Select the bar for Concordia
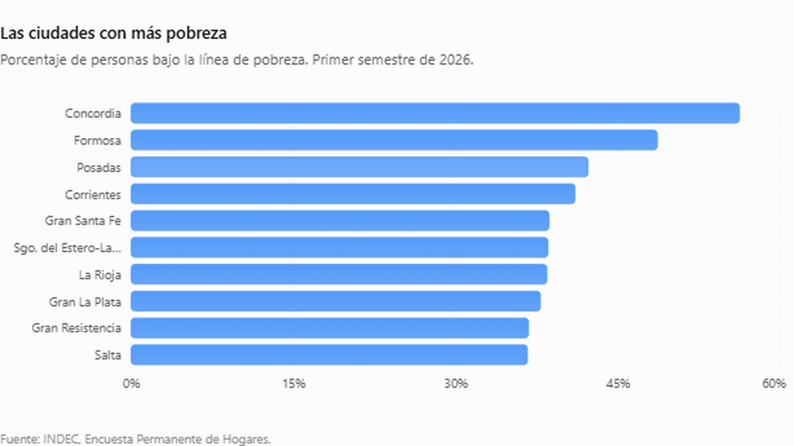(435, 113)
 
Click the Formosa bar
(394, 140)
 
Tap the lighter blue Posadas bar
(359, 167)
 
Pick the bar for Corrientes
(353, 194)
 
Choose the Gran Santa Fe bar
(340, 220)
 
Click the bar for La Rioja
(339, 275)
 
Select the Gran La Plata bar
(335, 301)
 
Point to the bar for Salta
(330, 355)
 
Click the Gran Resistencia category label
(77, 328)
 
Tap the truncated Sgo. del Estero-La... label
(67, 248)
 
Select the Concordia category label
(93, 113)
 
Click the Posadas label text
(99, 167)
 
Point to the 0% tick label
(131, 384)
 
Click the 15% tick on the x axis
(294, 384)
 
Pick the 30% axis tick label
(456, 384)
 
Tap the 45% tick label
(618, 384)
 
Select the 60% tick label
(775, 384)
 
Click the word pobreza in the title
(197, 34)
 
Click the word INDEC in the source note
(61, 439)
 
